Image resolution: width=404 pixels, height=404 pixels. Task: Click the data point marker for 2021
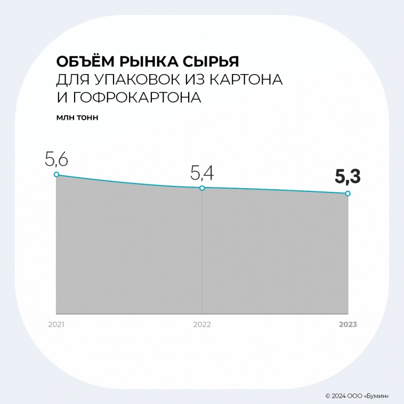click(x=56, y=174)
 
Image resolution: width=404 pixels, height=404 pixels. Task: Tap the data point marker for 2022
click(x=202, y=188)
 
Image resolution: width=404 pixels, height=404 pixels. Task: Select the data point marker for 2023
click(x=348, y=193)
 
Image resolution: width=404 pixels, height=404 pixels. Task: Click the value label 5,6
click(x=57, y=159)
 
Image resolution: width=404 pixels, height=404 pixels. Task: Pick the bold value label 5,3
click(x=348, y=176)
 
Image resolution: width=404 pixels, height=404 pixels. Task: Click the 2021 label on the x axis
click(x=56, y=324)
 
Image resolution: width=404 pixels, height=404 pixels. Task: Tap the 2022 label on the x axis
click(x=202, y=324)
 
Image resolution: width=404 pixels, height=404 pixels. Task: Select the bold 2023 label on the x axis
click(x=348, y=324)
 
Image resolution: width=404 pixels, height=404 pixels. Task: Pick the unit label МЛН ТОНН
click(x=77, y=117)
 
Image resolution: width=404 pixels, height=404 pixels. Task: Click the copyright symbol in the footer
click(x=327, y=396)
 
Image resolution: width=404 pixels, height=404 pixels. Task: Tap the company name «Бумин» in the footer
click(x=376, y=396)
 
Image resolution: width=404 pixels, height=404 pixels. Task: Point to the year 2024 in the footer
click(x=338, y=396)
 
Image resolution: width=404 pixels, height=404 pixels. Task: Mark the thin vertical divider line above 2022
click(x=202, y=251)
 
